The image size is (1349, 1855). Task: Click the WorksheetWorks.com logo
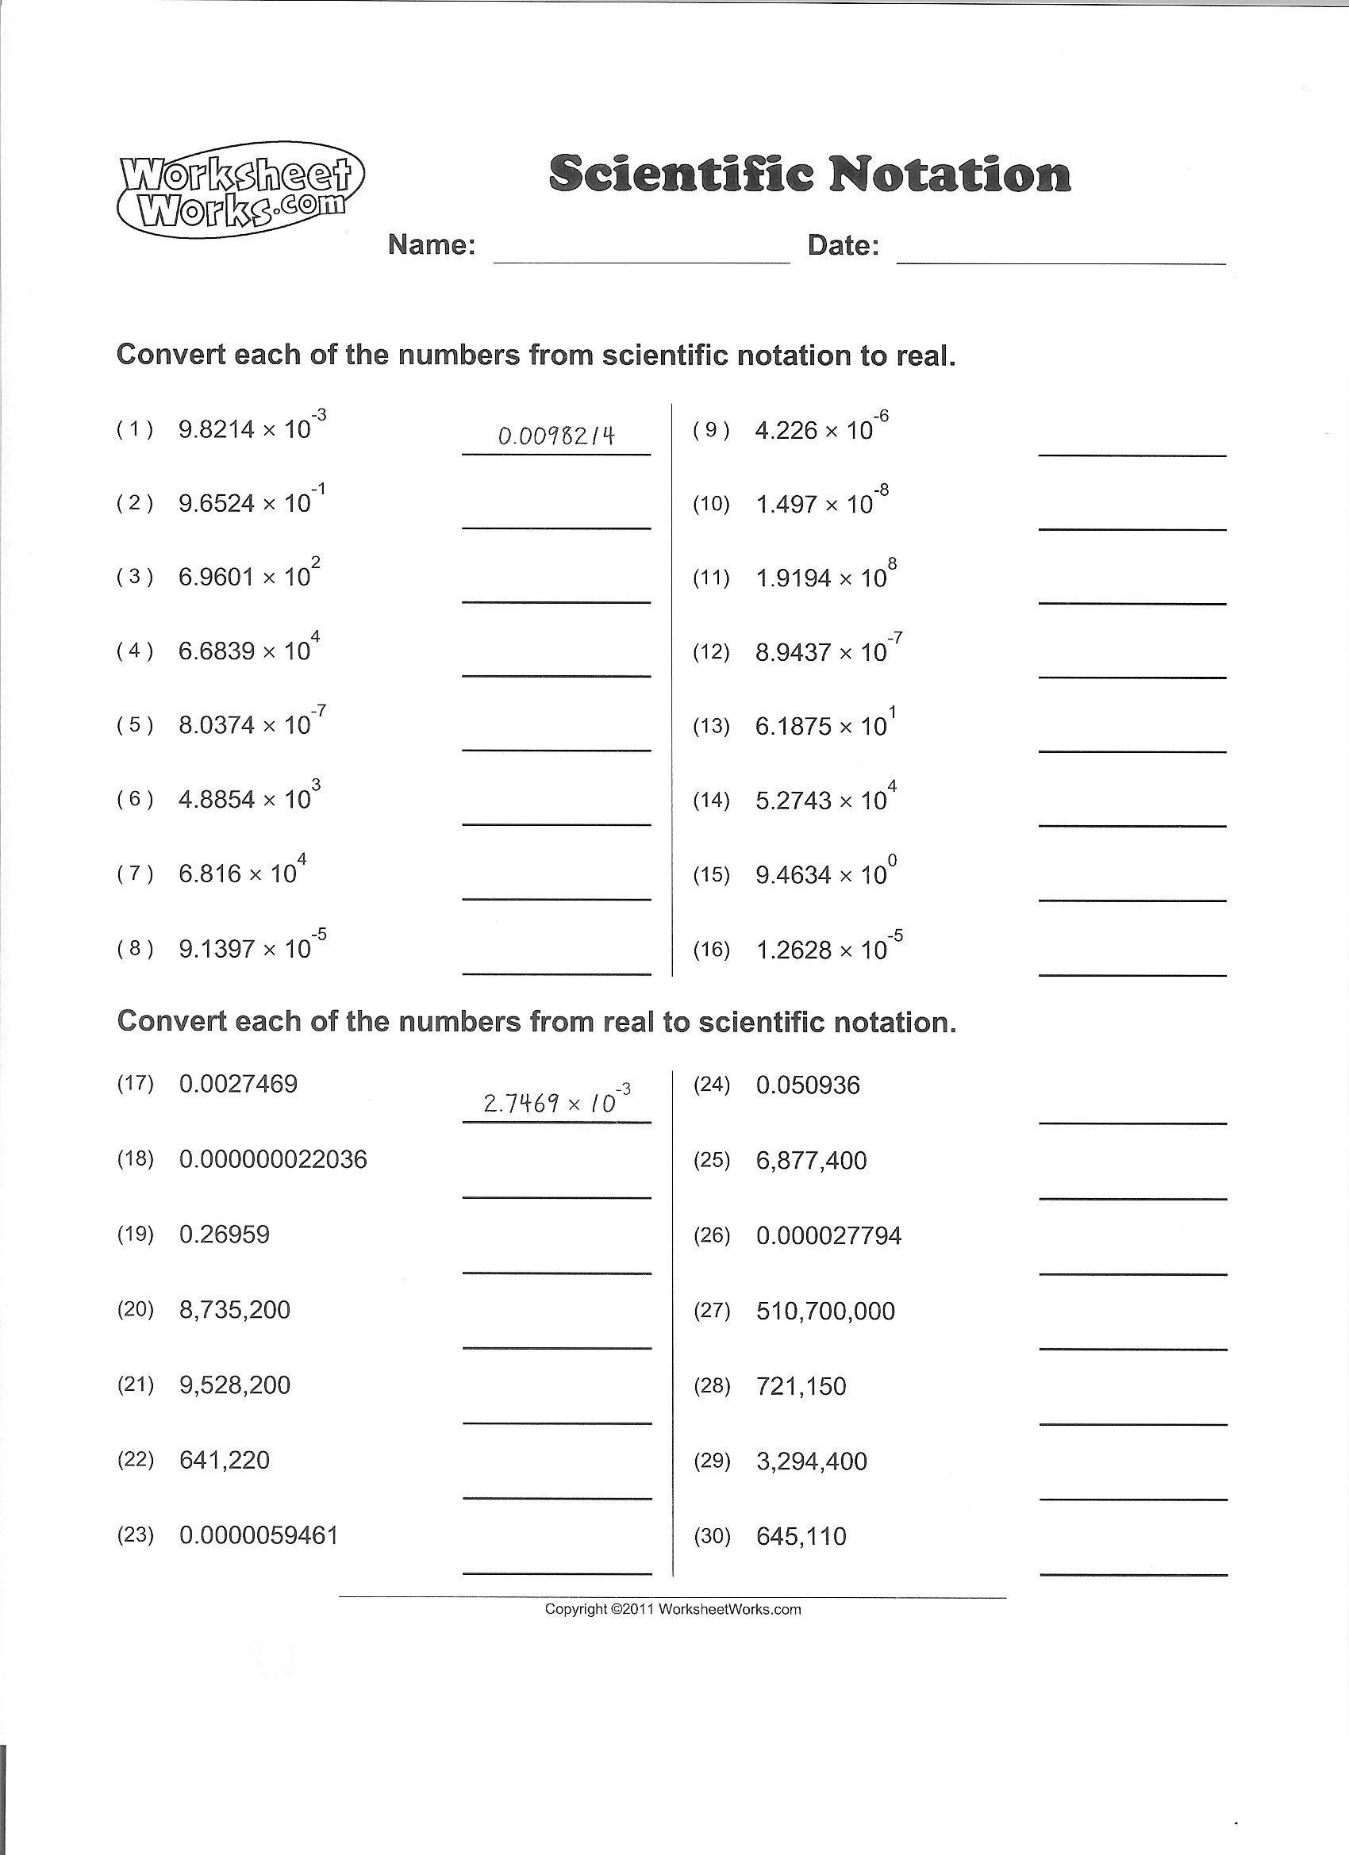[x=241, y=190]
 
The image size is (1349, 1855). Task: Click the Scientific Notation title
[x=809, y=175]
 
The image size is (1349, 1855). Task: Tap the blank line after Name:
[x=641, y=260]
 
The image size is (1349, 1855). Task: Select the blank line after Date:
[x=1061, y=262]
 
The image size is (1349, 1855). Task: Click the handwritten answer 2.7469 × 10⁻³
[x=556, y=1103]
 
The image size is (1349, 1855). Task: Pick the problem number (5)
[x=135, y=725]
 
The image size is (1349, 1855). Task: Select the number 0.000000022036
[x=273, y=1159]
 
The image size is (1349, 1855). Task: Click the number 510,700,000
[x=825, y=1311]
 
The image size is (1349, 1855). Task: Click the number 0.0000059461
[x=259, y=1535]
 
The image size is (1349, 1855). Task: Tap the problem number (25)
[x=711, y=1161]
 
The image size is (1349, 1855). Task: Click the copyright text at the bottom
[x=672, y=1610]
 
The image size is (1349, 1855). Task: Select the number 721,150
[x=801, y=1386]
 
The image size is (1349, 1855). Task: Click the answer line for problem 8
[x=556, y=974]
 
